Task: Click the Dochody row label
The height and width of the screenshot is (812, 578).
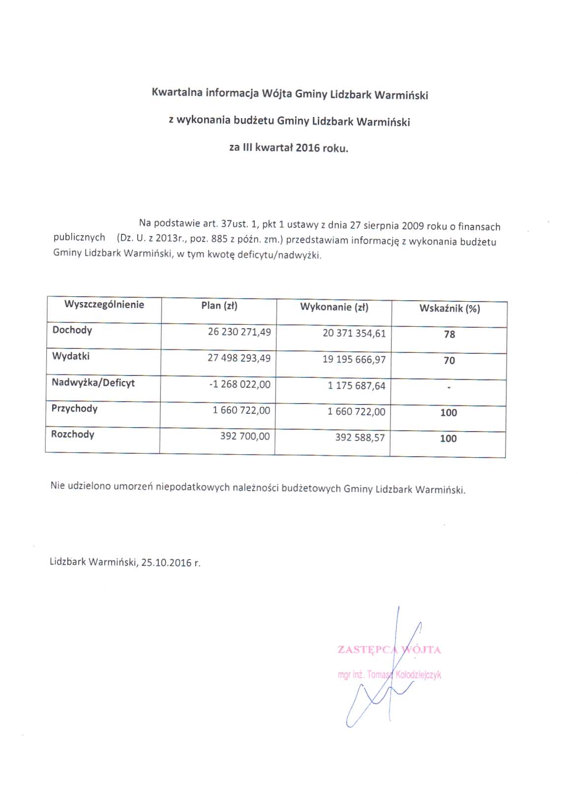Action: coord(72,330)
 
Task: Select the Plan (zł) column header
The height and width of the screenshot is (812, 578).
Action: coord(219,306)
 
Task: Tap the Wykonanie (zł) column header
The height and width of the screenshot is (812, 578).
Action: coord(334,307)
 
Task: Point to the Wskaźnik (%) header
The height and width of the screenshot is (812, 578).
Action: coord(450,309)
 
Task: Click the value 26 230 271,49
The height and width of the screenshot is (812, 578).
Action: coord(239,332)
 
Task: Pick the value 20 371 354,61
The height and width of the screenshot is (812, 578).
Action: coord(354,333)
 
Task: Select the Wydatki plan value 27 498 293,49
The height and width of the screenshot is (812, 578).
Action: coord(239,358)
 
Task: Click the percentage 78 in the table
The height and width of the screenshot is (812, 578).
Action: coord(450,335)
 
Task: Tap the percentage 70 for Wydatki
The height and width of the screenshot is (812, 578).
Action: coord(449,361)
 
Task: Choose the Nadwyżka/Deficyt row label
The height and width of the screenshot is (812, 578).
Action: coord(93,383)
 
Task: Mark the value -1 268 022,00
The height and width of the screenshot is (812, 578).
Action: coord(240,384)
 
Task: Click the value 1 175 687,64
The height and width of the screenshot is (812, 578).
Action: coord(357,386)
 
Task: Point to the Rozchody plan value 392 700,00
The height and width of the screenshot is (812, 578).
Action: coord(245,436)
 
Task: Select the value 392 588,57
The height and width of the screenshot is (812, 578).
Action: coord(360,437)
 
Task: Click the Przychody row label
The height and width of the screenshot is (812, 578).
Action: coord(74,408)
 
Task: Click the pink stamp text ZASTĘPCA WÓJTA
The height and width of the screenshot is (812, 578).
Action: coord(389,650)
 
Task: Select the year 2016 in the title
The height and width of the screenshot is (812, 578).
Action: coord(308,148)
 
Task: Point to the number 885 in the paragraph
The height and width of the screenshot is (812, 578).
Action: coord(219,239)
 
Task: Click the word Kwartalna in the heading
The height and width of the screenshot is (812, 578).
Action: coord(177,92)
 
